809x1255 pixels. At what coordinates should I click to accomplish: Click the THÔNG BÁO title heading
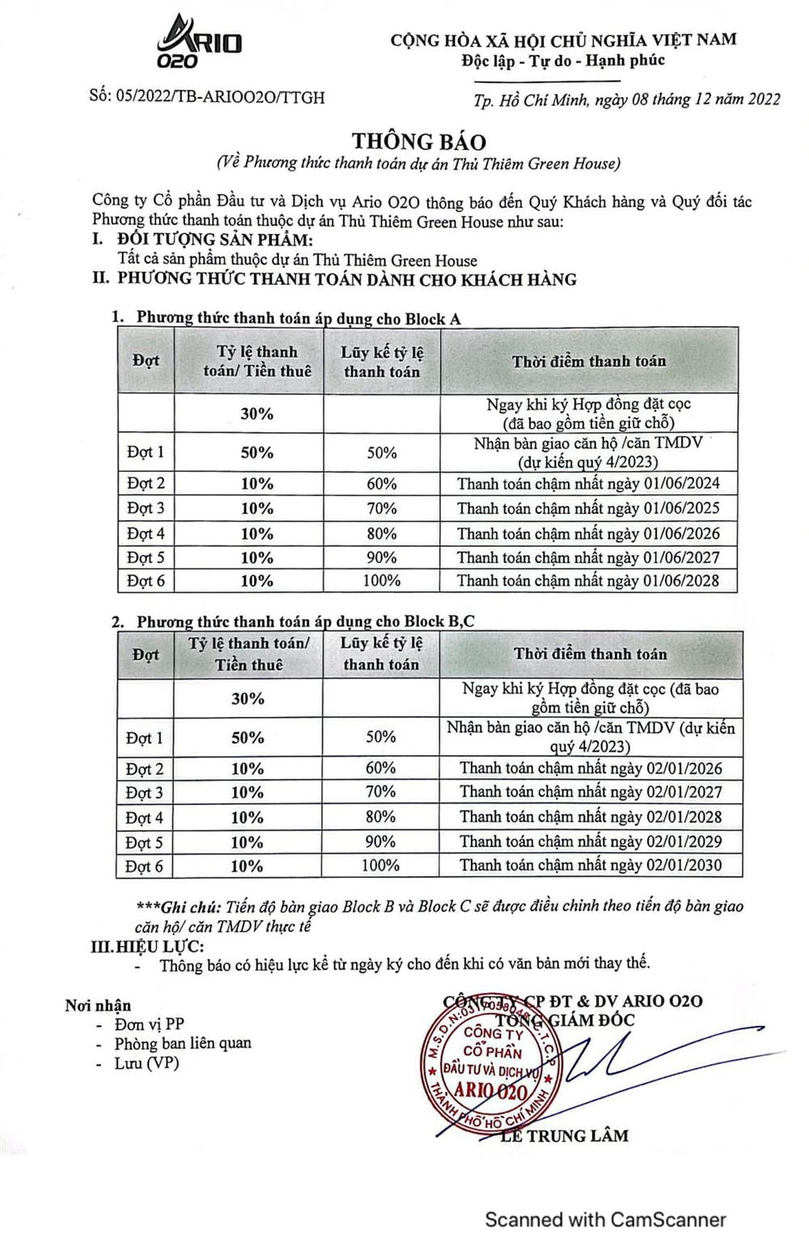[418, 142]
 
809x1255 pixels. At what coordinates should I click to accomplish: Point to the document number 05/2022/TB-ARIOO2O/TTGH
[207, 97]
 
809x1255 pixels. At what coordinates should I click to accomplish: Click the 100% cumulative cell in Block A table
[381, 580]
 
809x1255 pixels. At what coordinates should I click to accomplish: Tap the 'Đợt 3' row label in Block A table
[146, 508]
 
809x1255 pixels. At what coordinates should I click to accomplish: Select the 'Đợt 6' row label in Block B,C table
[145, 866]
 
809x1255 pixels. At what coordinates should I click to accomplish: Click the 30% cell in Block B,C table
[248, 697]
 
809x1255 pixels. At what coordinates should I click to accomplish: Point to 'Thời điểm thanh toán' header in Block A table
[588, 361]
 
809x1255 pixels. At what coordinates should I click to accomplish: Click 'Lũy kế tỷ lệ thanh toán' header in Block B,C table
[381, 654]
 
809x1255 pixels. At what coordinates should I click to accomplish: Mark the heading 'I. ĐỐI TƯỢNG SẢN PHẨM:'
[202, 240]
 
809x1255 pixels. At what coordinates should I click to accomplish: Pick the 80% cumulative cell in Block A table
[381, 533]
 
